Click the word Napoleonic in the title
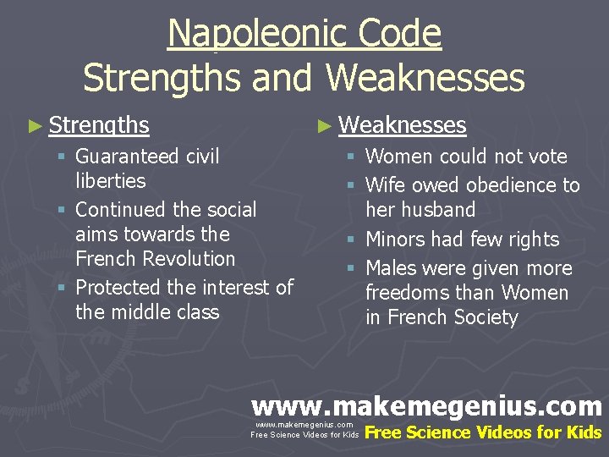click(x=244, y=34)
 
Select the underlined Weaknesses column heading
click(x=403, y=126)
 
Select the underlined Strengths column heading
click(x=99, y=126)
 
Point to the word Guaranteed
click(x=128, y=157)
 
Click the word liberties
click(x=110, y=181)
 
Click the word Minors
click(x=397, y=240)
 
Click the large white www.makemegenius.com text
click(x=426, y=406)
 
